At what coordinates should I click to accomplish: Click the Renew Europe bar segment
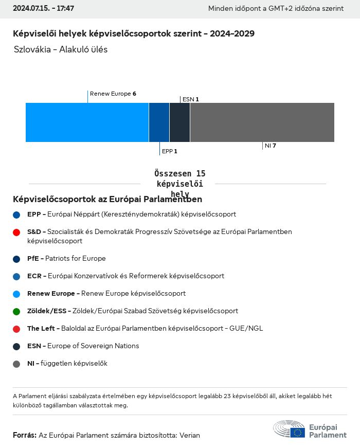tap(87, 122)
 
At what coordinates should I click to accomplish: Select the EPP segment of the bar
tap(159, 122)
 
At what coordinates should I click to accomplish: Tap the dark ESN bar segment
tap(179, 122)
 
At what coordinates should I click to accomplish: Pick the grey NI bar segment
tap(262, 122)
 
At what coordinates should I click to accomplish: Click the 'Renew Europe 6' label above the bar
tap(113, 94)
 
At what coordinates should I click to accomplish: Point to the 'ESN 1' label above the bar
tap(190, 99)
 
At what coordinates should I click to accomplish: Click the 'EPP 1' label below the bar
tap(169, 151)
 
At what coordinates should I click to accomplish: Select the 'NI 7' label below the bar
tap(270, 146)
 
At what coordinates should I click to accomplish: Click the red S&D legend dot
tap(16, 232)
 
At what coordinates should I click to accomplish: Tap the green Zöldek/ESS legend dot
tap(16, 312)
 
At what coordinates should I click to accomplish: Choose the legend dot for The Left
tap(16, 329)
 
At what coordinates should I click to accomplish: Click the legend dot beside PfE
tap(16, 259)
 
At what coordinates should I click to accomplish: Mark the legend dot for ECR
tap(16, 277)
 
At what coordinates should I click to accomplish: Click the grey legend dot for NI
tap(16, 364)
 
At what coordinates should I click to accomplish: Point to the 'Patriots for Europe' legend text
tap(75, 259)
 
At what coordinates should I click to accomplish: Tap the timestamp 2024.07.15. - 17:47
tap(43, 9)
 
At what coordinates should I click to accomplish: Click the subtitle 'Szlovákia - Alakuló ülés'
tap(61, 50)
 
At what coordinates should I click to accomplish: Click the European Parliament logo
tap(310, 429)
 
